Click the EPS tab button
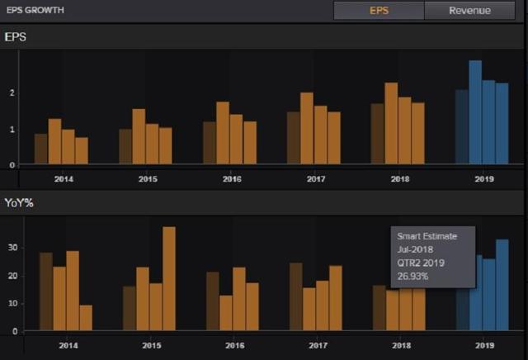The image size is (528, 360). (x=379, y=11)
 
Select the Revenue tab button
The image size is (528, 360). (x=469, y=11)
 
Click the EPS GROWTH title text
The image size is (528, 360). (x=35, y=10)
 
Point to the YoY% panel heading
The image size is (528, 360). (x=19, y=203)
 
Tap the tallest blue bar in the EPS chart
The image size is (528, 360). (x=475, y=112)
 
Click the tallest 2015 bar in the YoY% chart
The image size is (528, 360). (x=169, y=278)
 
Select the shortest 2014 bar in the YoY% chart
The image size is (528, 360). (x=86, y=318)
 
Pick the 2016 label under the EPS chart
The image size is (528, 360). (x=232, y=179)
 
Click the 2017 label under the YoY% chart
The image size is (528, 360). (x=318, y=345)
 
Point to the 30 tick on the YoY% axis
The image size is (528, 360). (x=13, y=248)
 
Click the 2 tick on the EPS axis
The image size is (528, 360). (x=12, y=92)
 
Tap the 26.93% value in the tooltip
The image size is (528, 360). (x=412, y=277)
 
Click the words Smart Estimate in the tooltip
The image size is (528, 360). (x=427, y=236)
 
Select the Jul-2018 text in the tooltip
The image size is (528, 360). (x=415, y=250)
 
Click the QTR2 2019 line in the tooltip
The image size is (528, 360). (x=421, y=263)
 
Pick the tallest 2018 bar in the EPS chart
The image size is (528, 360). (x=391, y=123)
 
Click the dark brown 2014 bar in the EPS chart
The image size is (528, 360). (x=41, y=149)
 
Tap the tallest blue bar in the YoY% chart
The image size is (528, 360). (x=502, y=285)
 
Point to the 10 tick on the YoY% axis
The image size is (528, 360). (x=13, y=303)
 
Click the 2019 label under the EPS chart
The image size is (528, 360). (x=484, y=179)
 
